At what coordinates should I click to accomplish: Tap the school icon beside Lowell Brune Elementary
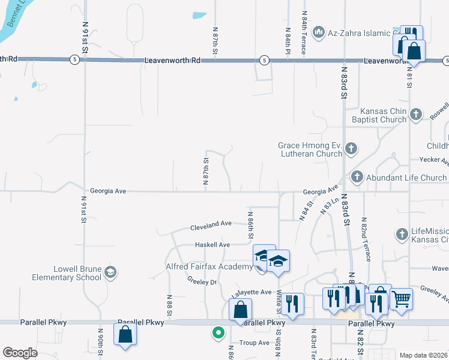tap(110, 273)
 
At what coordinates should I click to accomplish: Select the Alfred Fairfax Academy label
tap(209, 266)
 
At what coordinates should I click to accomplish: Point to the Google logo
tap(20, 353)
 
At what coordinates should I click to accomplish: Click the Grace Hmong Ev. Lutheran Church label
tap(310, 149)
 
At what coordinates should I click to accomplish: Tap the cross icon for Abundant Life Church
tap(357, 176)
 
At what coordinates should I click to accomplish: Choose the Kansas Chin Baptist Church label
tap(383, 115)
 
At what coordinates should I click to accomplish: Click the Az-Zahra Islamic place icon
tap(319, 31)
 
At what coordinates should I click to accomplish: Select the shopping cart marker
tap(401, 298)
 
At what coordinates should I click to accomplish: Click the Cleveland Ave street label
tap(211, 224)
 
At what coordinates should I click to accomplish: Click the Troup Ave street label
tap(255, 343)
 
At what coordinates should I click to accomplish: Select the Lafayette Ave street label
tap(252, 292)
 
